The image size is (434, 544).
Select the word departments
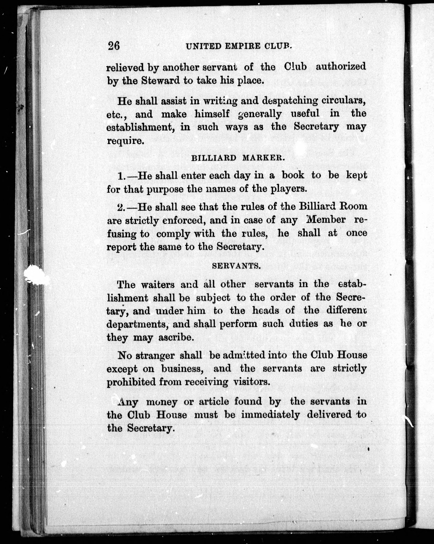pos(137,324)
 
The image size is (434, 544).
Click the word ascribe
pos(176,337)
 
